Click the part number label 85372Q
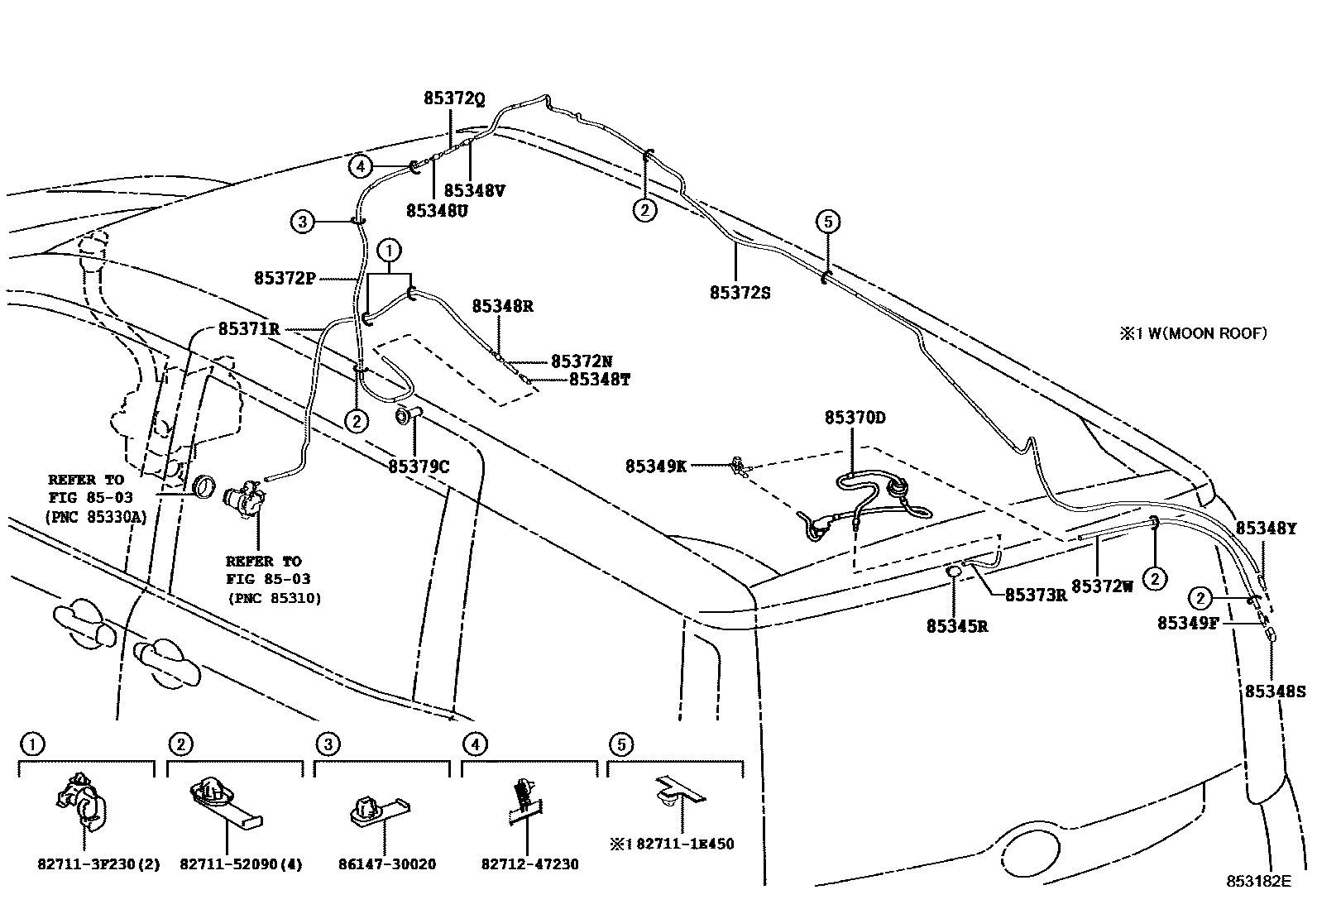(453, 98)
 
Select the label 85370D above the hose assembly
(854, 418)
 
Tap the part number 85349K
(655, 466)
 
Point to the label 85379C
(419, 466)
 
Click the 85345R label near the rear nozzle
(956, 626)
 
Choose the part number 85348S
(1275, 691)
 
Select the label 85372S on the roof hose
(740, 292)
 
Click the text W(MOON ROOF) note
(1200, 333)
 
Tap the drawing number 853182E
(1258, 881)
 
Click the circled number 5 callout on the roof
(828, 221)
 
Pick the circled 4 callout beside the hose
(360, 166)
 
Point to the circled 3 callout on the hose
(303, 222)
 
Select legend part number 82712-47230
(529, 864)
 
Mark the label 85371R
(248, 328)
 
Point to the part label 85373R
(1035, 595)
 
